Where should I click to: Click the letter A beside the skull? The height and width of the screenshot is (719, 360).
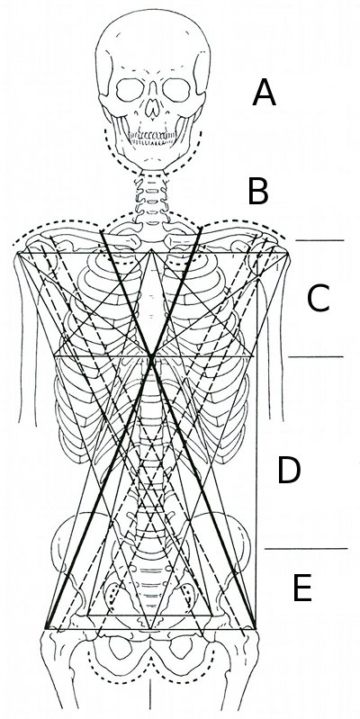pyautogui.click(x=265, y=92)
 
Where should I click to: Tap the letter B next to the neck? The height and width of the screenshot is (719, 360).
pyautogui.click(x=258, y=192)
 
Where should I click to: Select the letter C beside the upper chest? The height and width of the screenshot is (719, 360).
pyautogui.click(x=318, y=299)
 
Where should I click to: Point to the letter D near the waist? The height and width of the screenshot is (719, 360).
pyautogui.click(x=289, y=470)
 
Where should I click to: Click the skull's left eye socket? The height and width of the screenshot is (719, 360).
pyautogui.click(x=130, y=90)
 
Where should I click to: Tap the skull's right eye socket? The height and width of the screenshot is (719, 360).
pyautogui.click(x=176, y=90)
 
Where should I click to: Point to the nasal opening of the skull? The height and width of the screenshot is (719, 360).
pyautogui.click(x=153, y=106)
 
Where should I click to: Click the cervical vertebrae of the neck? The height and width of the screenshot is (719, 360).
pyautogui.click(x=152, y=198)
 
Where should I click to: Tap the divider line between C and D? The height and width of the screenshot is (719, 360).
pyautogui.click(x=316, y=356)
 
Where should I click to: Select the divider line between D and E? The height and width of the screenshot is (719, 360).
pyautogui.click(x=306, y=548)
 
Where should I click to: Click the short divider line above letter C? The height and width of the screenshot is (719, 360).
pyautogui.click(x=319, y=240)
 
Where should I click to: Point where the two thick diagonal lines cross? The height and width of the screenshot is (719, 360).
pyautogui.click(x=151, y=356)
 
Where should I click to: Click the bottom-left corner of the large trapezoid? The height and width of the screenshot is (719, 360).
pyautogui.click(x=46, y=628)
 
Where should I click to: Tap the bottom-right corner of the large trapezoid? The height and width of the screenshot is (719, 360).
pyautogui.click(x=256, y=629)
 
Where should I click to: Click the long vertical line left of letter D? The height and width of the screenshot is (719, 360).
pyautogui.click(x=256, y=441)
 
